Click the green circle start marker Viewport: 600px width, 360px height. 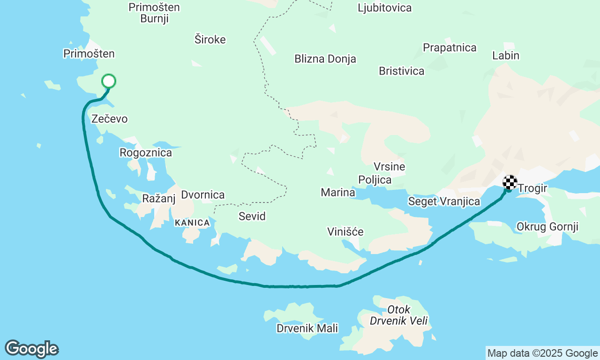pos(108,81)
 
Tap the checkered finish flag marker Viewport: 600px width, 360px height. pos(510,182)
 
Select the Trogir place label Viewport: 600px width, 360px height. pos(532,188)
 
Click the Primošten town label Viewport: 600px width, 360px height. pos(89,53)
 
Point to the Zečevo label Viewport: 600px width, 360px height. pos(110,119)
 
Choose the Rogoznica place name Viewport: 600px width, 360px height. pos(146,152)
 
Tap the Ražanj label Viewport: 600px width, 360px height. pos(158,198)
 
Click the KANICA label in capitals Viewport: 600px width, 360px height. pos(192,223)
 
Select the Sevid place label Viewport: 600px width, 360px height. pos(252,216)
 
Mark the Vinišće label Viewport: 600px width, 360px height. pos(345,232)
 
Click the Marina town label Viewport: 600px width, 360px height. pos(337,192)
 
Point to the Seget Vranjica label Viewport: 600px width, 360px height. pos(444,202)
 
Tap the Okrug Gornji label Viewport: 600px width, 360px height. pos(547,227)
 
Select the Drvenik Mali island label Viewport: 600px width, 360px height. pos(307,328)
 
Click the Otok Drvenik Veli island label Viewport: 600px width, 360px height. pos(399,315)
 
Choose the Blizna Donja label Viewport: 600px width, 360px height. pos(325,59)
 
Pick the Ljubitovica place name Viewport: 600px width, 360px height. pos(384,8)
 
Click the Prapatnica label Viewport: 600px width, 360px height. pos(450,47)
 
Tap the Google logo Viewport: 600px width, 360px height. pos(31,349)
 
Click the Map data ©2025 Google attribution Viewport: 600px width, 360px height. pos(542,353)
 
